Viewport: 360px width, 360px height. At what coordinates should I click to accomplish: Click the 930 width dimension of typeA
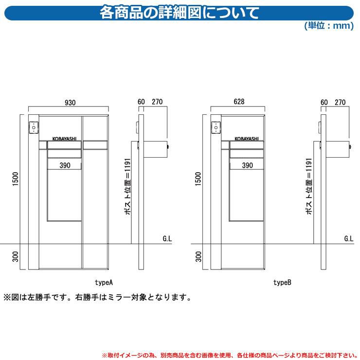70,102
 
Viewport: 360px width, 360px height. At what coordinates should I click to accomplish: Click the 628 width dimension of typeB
239,102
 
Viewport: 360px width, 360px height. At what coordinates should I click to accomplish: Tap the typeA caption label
104,282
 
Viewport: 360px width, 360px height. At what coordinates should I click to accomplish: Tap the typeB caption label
282,282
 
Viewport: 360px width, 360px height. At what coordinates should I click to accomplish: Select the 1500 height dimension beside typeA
16,179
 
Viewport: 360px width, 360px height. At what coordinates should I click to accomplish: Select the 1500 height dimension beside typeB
198,179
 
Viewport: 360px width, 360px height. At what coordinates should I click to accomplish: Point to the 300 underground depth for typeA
16,256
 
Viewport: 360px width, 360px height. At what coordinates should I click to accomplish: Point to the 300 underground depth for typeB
198,256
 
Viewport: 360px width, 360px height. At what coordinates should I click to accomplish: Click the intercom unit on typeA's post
34,127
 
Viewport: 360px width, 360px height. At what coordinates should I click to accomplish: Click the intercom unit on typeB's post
216,127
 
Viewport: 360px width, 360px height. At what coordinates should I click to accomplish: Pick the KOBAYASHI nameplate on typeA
64,139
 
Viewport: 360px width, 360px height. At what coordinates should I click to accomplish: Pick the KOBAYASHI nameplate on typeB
247,139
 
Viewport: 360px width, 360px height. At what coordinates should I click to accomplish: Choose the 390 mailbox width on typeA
65,165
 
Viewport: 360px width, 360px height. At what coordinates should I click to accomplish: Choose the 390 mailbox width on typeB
248,165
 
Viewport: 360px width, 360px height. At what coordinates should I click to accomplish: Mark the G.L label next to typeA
167,239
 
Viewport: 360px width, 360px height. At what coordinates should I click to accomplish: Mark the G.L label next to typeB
349,239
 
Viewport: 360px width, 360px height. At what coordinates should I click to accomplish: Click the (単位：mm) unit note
329,25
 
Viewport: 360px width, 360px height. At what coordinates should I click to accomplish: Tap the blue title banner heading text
180,13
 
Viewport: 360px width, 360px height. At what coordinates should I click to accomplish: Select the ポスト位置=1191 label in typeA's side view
127,186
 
